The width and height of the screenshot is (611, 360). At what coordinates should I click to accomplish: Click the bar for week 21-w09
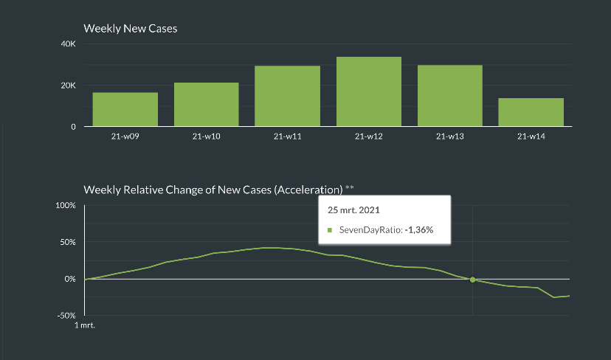coord(125,109)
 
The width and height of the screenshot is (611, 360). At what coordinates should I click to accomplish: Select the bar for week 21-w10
coord(206,104)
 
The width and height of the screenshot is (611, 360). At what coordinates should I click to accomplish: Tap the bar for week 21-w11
coord(287,96)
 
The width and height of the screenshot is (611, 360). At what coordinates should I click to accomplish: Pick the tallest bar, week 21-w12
coord(368,91)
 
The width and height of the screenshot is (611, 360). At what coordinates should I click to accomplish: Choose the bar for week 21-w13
coord(449,96)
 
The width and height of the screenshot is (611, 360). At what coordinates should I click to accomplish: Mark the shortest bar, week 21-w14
coord(531,112)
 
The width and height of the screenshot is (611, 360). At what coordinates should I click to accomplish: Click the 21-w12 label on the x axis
coord(368,136)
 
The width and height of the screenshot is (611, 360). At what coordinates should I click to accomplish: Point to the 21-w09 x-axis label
coord(125,136)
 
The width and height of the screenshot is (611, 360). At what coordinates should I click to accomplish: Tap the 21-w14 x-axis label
coord(531,136)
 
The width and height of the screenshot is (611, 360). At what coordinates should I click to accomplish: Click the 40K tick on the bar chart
coord(68,44)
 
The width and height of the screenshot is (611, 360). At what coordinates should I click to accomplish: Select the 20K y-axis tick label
coord(68,86)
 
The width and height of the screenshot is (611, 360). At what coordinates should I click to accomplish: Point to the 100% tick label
coord(66,205)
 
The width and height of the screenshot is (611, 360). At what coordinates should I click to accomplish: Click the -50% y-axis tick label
coord(66,315)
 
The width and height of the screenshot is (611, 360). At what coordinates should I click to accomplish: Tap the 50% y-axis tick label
coord(67,242)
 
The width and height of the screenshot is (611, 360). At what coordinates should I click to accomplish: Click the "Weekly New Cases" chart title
coord(130,29)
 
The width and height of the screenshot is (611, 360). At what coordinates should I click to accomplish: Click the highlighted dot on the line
coord(472,280)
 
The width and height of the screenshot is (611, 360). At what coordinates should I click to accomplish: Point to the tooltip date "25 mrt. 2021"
coord(353,210)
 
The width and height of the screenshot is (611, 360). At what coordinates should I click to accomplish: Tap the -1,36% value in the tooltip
coord(418,230)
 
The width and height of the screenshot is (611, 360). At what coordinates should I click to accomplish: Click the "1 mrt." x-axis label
coord(86,325)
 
